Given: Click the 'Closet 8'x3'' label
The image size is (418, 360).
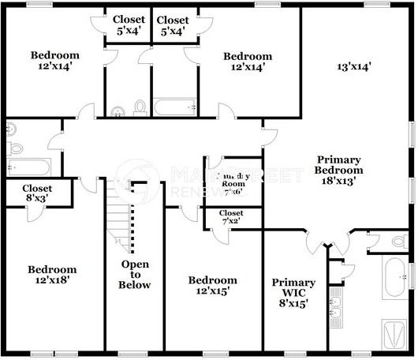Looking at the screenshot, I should (37, 193).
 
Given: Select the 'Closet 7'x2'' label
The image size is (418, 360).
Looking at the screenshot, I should (231, 218).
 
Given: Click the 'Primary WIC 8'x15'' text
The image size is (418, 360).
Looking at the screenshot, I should (293, 292).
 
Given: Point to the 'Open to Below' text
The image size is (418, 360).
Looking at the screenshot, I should (134, 274).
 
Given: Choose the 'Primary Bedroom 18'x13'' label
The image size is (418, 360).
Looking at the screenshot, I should (338, 169).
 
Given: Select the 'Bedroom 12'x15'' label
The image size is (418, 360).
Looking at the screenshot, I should (212, 286).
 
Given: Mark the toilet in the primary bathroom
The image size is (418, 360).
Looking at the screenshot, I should (397, 242).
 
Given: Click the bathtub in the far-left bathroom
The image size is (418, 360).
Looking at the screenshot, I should (28, 167).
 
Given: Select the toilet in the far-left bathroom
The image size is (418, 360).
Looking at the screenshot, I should (14, 148).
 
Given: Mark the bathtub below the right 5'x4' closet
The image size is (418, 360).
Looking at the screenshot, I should (174, 107).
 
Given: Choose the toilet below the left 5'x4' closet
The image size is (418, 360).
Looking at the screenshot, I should (140, 107).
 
